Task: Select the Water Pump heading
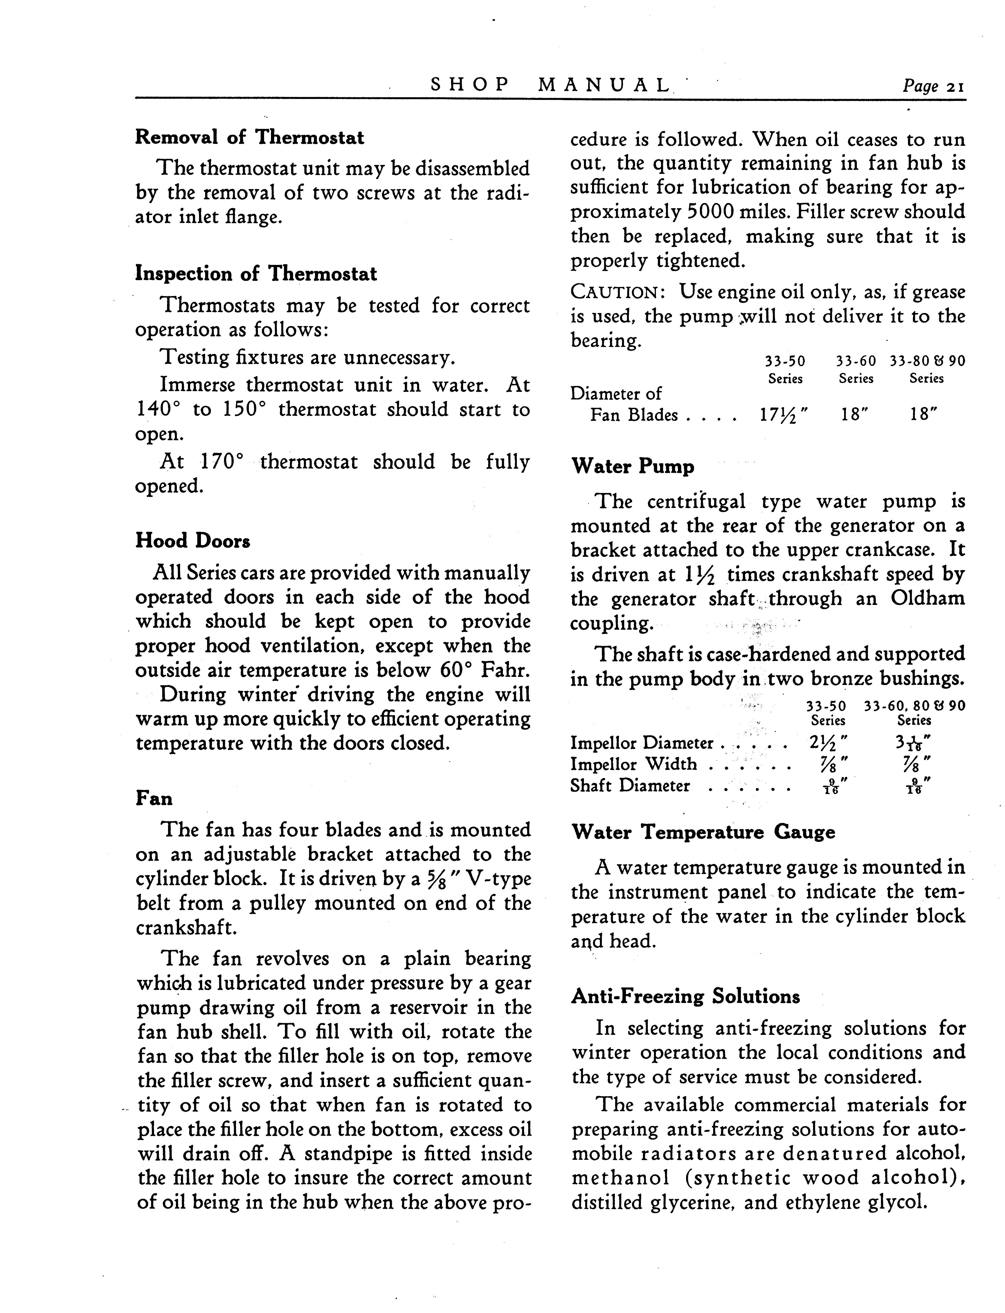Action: coord(633,466)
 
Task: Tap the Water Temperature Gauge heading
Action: coord(703,832)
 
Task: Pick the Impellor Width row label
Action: coord(634,764)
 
